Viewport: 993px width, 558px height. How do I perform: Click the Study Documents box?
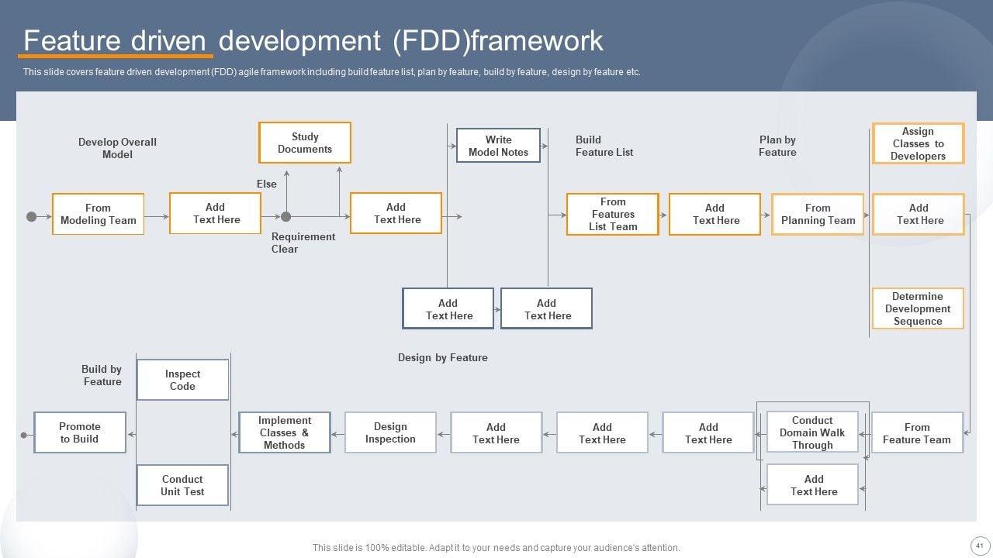[304, 143]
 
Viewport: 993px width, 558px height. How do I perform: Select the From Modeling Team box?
[98, 214]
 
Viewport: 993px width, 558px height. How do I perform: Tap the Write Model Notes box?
[498, 146]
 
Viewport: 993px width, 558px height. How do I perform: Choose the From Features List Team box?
[613, 214]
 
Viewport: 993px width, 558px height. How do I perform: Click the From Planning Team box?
[818, 214]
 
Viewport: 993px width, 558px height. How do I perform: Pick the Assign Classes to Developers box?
[918, 143]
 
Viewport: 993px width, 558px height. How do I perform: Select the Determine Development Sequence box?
[918, 308]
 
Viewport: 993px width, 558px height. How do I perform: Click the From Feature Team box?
[917, 432]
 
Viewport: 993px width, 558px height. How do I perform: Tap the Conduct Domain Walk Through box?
[812, 432]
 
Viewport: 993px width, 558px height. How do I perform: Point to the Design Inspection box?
[390, 432]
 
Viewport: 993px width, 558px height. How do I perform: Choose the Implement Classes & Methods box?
[284, 432]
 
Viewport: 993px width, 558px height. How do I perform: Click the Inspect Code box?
[182, 380]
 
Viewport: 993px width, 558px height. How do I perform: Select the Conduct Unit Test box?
[182, 485]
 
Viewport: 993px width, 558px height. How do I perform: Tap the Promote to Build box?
[80, 432]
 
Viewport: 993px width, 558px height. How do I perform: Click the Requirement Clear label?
[303, 243]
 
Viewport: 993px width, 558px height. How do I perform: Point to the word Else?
[267, 184]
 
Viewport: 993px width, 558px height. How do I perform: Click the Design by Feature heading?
[442, 357]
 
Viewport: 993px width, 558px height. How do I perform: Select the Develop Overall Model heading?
[117, 148]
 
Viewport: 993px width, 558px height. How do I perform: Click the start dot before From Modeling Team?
[32, 216]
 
